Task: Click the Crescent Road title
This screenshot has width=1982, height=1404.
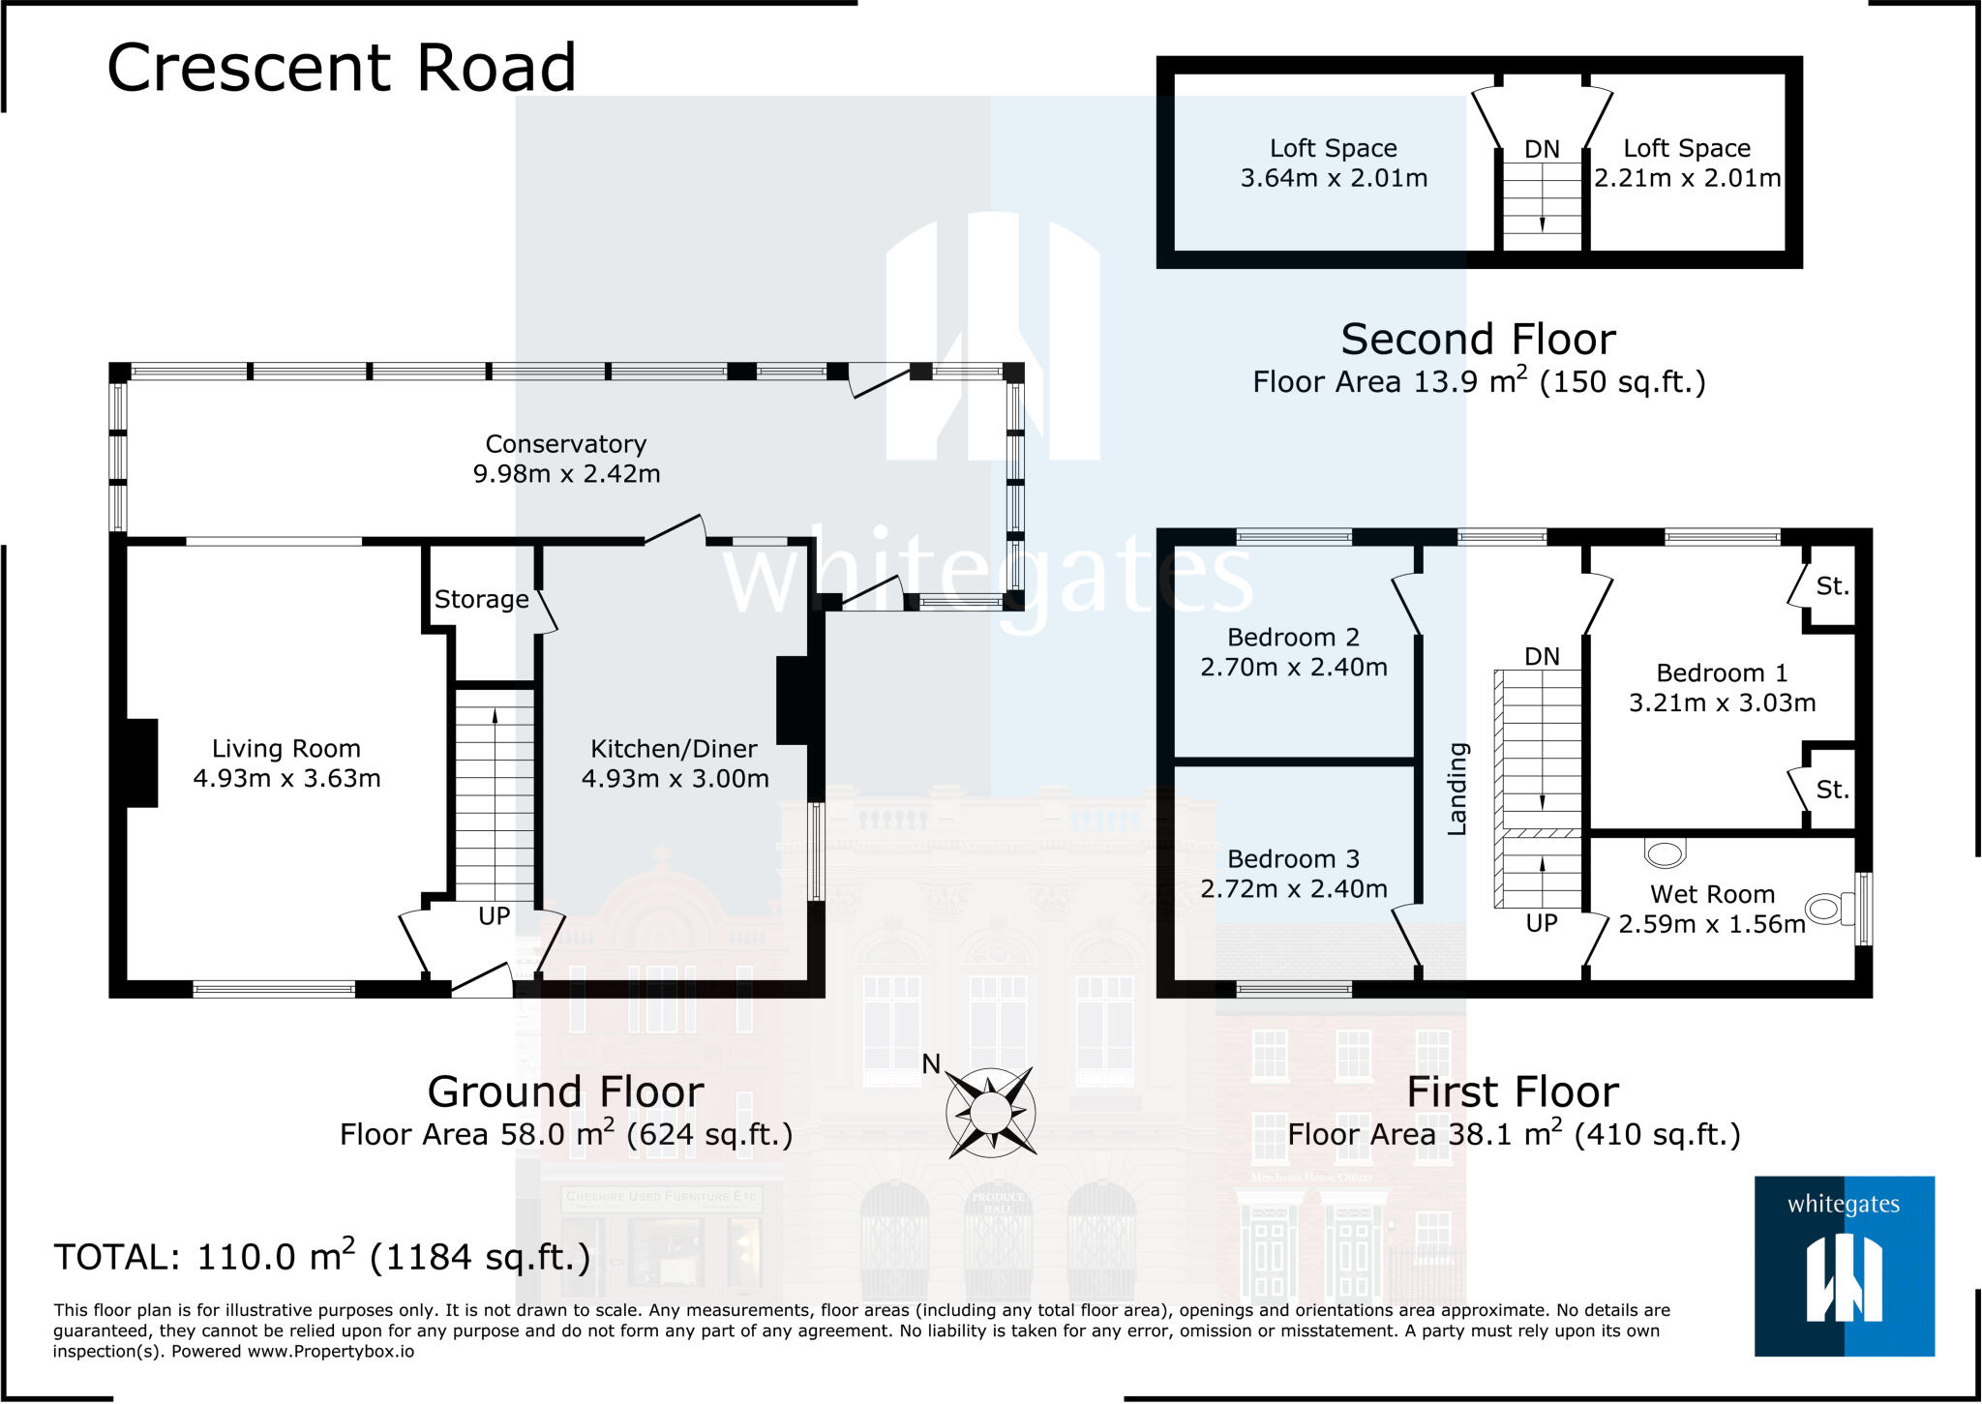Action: point(341,68)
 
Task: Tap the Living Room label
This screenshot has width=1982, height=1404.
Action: point(286,749)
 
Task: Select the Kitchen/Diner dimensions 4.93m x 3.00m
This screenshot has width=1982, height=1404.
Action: point(675,779)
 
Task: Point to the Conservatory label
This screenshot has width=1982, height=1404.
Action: point(566,444)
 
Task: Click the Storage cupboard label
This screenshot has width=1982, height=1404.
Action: point(481,600)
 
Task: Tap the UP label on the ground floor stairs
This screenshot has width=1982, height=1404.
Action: point(494,916)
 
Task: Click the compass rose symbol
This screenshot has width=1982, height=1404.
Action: point(990,1112)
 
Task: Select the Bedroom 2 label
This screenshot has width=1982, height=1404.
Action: point(1293,638)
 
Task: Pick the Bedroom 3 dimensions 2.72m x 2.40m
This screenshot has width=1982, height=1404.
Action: point(1294,889)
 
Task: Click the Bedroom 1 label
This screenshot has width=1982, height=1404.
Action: point(1722,673)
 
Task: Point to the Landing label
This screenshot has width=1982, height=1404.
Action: point(1457,789)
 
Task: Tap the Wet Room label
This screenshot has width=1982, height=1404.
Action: point(1712,894)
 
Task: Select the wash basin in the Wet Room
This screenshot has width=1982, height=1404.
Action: point(1666,852)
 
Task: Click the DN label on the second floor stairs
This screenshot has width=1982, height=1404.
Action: point(1542,150)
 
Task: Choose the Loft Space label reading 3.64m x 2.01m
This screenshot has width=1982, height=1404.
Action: point(1334,163)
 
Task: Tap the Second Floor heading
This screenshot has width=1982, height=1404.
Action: point(1478,340)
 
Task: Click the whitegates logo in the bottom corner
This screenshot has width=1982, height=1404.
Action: point(1844,1266)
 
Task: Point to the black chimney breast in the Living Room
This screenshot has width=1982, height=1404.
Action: point(141,762)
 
